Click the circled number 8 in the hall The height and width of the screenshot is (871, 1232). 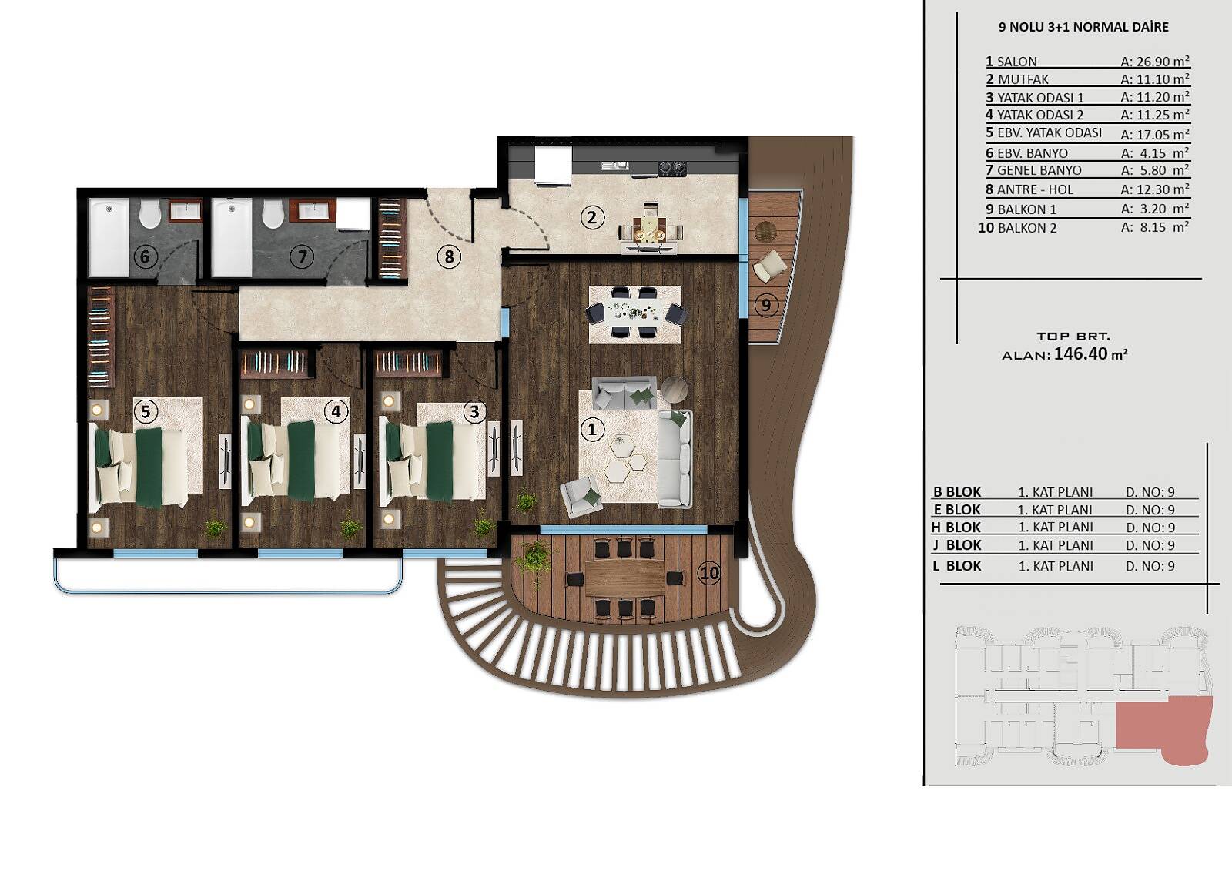pyautogui.click(x=450, y=256)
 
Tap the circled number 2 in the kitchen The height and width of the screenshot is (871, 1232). pyautogui.click(x=592, y=218)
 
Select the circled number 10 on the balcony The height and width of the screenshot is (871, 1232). pyautogui.click(x=709, y=573)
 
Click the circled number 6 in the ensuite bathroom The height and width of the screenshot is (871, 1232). pyautogui.click(x=145, y=256)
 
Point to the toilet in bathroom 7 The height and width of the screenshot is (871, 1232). pyautogui.click(x=273, y=213)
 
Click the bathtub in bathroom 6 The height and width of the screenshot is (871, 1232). pyautogui.click(x=109, y=238)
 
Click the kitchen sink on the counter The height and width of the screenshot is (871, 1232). pyautogui.click(x=615, y=165)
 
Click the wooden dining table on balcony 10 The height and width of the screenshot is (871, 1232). pyautogui.click(x=625, y=578)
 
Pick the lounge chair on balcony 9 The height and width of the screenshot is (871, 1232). pyautogui.click(x=769, y=266)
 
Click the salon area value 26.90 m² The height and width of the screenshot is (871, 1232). pyautogui.click(x=1155, y=62)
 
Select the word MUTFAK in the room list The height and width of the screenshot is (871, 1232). pyautogui.click(x=1023, y=80)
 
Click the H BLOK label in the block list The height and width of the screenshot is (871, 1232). pyautogui.click(x=956, y=527)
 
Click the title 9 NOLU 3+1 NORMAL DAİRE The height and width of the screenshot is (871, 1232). pyautogui.click(x=1083, y=27)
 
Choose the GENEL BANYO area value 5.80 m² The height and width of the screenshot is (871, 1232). pyautogui.click(x=1155, y=170)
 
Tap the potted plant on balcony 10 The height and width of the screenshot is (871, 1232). pyautogui.click(x=534, y=557)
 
